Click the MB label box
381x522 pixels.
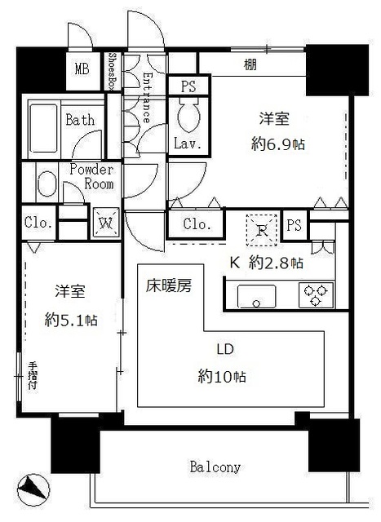click(82, 69)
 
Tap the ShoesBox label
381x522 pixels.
click(112, 72)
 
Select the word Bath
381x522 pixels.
click(80, 120)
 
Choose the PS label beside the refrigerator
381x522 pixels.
click(295, 224)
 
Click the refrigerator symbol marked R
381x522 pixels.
click(260, 229)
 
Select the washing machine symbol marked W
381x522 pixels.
click(106, 221)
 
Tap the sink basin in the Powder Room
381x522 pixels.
click(46, 184)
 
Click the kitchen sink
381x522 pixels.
click(255, 295)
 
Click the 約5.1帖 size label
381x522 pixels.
click(70, 321)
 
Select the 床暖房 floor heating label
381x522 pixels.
click(169, 287)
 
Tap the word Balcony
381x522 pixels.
click(215, 467)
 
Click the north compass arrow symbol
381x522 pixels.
click(34, 489)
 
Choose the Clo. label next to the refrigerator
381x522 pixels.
click(196, 223)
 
